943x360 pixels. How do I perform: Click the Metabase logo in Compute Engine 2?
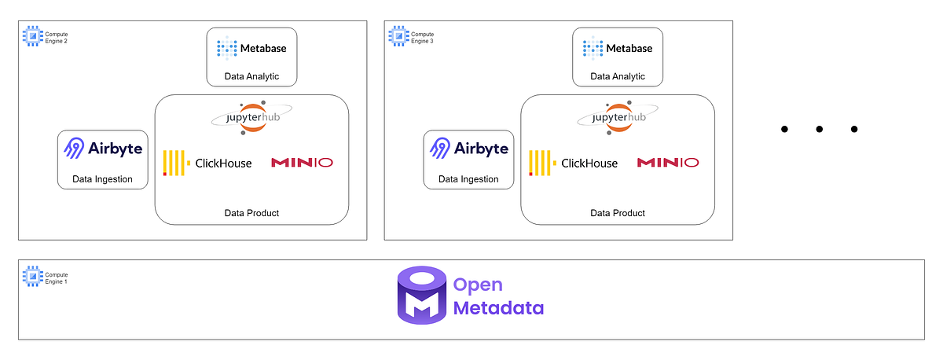pos(251,49)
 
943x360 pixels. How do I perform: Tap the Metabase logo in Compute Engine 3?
pos(618,49)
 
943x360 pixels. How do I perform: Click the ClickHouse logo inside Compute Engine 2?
pos(207,163)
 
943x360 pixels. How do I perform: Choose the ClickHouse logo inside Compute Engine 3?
pos(574,163)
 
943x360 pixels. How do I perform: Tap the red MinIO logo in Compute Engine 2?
pos(302,163)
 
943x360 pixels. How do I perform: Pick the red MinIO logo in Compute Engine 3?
pos(668,163)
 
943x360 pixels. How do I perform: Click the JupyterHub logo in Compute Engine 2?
pos(251,118)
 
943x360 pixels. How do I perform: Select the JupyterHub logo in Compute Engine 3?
pos(618,118)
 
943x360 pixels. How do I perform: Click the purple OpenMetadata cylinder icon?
pos(422,295)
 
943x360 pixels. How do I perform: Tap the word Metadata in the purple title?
pos(498,307)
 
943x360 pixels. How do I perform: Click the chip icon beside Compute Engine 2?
pos(32,35)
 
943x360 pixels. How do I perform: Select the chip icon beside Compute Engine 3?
pos(398,35)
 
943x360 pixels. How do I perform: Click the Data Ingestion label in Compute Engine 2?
pos(103,179)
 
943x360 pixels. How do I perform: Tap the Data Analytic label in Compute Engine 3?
pos(618,76)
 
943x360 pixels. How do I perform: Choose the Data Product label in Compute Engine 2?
pos(251,213)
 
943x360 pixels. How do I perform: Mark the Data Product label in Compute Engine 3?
pos(618,213)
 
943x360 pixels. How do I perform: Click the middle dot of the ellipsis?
pos(819,129)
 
